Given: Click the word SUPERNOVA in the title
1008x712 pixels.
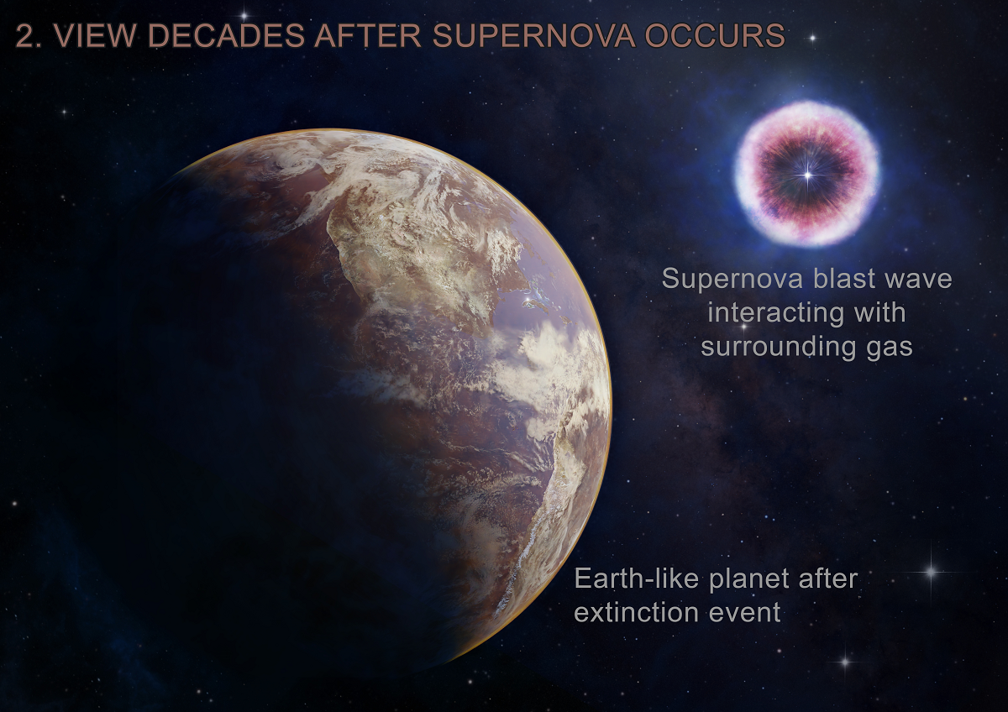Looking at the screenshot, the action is pyautogui.click(x=533, y=35).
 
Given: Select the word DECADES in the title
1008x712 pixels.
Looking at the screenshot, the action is pyautogui.click(x=226, y=35).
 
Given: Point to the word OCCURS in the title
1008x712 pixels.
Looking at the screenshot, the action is pyautogui.click(x=715, y=35).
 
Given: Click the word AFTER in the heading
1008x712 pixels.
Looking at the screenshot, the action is pyautogui.click(x=368, y=35).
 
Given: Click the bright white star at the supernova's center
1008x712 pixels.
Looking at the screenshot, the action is pyautogui.click(x=808, y=175).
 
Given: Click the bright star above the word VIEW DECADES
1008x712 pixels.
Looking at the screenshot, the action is pyautogui.click(x=244, y=16).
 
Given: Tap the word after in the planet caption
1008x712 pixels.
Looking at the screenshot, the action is pyautogui.click(x=828, y=578).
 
